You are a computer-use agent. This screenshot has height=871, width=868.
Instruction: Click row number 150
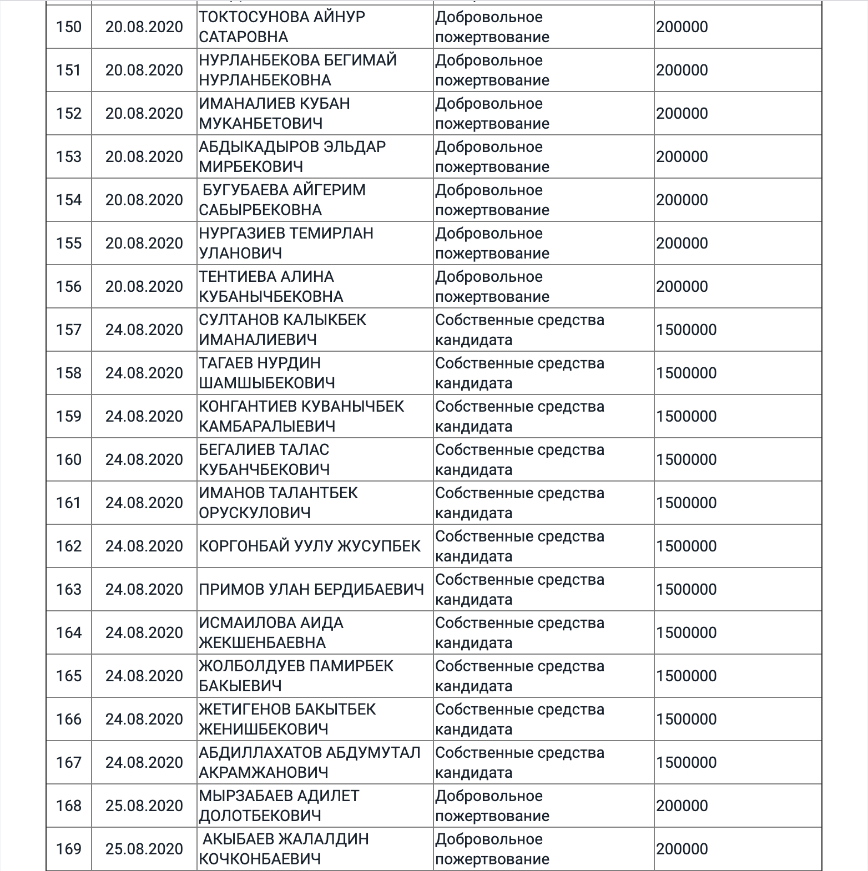click(69, 27)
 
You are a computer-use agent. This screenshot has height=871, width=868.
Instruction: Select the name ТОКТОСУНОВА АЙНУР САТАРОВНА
click(282, 27)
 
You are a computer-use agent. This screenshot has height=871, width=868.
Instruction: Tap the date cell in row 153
click(144, 156)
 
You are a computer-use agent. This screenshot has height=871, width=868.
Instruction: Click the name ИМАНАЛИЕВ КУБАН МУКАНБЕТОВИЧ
click(274, 113)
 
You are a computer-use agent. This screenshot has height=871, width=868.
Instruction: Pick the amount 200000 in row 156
click(682, 286)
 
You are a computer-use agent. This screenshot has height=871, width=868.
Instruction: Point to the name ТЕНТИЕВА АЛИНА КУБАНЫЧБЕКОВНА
click(271, 286)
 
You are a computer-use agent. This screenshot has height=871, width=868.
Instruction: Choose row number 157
click(69, 330)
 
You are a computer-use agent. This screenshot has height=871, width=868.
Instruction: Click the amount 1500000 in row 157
click(687, 330)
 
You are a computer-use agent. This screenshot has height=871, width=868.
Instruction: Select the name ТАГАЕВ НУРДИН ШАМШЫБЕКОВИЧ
click(267, 373)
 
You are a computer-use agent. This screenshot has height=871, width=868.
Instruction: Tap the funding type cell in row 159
click(519, 416)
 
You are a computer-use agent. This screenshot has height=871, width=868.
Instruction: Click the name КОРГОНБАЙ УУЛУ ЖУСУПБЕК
click(310, 546)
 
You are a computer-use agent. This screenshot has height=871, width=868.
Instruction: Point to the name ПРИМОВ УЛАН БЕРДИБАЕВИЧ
click(311, 589)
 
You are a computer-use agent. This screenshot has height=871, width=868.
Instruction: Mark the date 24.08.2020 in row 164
click(144, 632)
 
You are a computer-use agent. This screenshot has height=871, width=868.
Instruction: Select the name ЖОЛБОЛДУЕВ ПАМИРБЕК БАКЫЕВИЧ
click(296, 676)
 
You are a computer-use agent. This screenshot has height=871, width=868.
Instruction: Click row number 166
click(69, 719)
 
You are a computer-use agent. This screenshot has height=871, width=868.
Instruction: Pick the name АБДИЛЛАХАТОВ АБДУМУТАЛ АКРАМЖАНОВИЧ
click(310, 762)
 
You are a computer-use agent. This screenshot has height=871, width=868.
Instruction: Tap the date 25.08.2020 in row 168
click(144, 806)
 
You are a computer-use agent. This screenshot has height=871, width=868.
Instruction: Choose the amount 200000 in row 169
click(682, 849)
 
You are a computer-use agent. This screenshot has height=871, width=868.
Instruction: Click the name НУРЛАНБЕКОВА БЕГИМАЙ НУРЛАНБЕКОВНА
click(298, 70)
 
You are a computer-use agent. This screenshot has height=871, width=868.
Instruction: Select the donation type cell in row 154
click(492, 200)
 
